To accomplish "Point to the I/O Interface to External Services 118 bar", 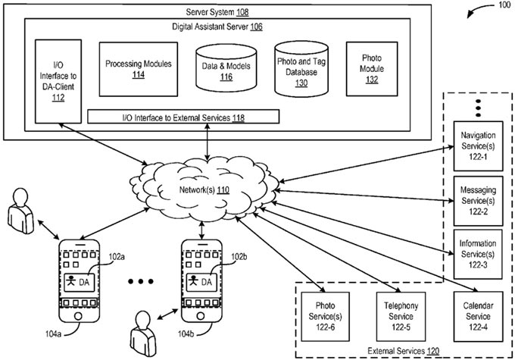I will coord(183,117).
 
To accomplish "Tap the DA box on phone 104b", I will coord(202,280).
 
